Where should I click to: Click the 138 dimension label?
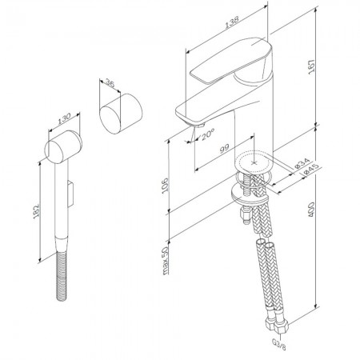point(231,22)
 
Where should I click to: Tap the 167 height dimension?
point(312,67)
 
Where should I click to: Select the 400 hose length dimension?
point(311,210)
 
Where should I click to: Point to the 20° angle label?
point(208,134)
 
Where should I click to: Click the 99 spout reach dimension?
point(224,148)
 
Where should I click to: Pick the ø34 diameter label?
point(302,163)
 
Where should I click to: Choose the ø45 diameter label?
point(310,170)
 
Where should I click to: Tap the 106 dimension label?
point(166,185)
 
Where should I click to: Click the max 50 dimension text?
point(166,261)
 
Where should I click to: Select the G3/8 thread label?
point(278,343)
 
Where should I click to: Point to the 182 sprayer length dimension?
point(37,211)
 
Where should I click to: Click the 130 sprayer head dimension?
point(64,118)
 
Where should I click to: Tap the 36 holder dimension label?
point(110,83)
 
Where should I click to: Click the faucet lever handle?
point(231,60)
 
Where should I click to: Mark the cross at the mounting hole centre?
point(254,162)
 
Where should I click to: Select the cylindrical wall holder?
point(121,114)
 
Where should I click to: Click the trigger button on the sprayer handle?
point(70,193)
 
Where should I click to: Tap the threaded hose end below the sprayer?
point(61,275)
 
